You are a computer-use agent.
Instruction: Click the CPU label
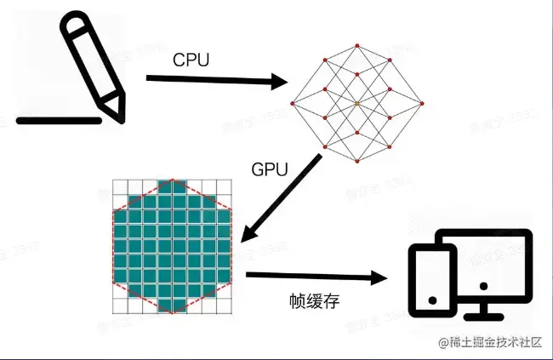click(192, 60)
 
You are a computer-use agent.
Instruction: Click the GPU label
click(271, 169)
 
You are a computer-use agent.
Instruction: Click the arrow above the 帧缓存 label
click(315, 277)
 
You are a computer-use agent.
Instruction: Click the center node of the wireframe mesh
click(357, 104)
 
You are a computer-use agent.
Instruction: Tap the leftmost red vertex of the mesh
click(292, 104)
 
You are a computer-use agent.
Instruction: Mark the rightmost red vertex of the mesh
click(422, 104)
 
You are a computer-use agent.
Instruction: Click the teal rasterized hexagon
click(172, 247)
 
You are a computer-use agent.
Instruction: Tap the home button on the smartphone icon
click(431, 300)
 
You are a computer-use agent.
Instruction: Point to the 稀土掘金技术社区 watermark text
click(493, 343)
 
